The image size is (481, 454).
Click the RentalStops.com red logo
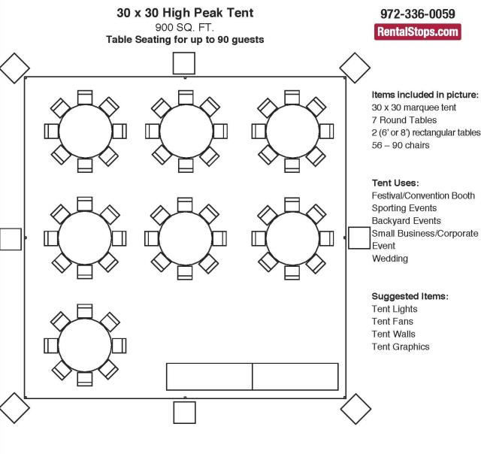pyautogui.click(x=418, y=32)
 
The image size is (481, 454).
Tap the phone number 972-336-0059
pyautogui.click(x=418, y=14)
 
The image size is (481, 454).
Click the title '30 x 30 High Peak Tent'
pyautogui.click(x=185, y=13)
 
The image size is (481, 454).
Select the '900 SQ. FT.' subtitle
pyautogui.click(x=185, y=28)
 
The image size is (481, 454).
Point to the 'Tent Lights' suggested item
pyautogui.click(x=395, y=309)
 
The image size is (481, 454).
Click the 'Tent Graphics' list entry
pyautogui.click(x=401, y=347)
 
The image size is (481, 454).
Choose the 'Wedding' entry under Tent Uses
pyautogui.click(x=390, y=259)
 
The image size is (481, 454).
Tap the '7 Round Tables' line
pyautogui.click(x=404, y=120)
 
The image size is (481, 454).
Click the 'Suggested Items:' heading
pyautogui.click(x=410, y=296)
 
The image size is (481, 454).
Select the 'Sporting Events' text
pyautogui.click(x=404, y=208)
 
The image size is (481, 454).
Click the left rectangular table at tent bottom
pyautogui.click(x=209, y=377)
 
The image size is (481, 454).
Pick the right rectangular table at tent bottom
pyautogui.click(x=295, y=377)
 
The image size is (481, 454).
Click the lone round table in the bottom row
pyautogui.click(x=85, y=345)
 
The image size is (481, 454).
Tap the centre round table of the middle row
pyautogui.click(x=186, y=238)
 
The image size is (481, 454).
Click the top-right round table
pyautogui.click(x=292, y=132)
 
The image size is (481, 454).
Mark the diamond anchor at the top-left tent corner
pyautogui.click(x=14, y=68)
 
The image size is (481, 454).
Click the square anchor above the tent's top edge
pyautogui.click(x=184, y=63)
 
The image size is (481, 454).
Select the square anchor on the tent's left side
pyautogui.click(x=11, y=239)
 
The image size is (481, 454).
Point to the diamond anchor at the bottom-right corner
pyautogui.click(x=355, y=409)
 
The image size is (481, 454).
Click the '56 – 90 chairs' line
pyautogui.click(x=401, y=145)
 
